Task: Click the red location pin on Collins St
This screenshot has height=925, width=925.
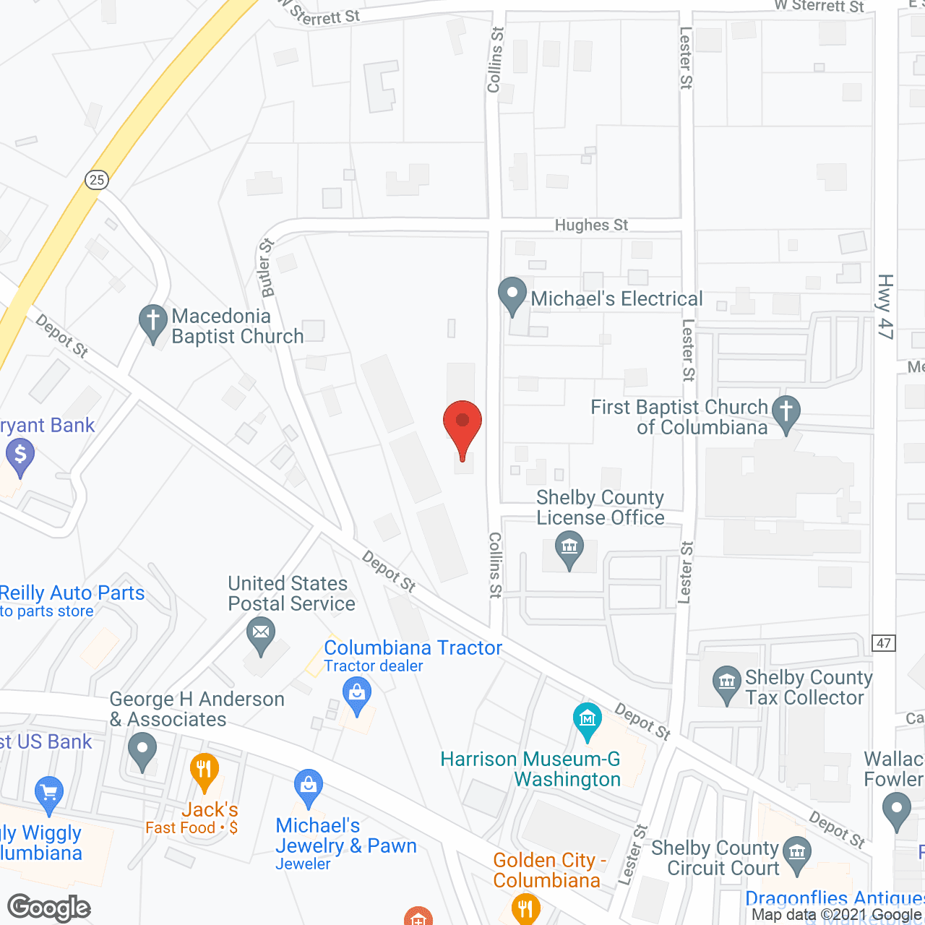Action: pyautogui.click(x=462, y=423)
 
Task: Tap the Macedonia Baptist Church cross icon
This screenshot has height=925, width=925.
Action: pyautogui.click(x=153, y=322)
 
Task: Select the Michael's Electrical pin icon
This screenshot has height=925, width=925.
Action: pyautogui.click(x=512, y=295)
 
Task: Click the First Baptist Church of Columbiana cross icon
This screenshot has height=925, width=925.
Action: pyautogui.click(x=786, y=413)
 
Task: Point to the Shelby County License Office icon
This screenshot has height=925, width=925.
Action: pyautogui.click(x=569, y=548)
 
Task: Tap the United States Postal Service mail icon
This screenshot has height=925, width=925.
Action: pyautogui.click(x=261, y=634)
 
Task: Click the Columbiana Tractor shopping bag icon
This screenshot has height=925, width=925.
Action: pyautogui.click(x=356, y=693)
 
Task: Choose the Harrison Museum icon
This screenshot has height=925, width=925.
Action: pyautogui.click(x=588, y=720)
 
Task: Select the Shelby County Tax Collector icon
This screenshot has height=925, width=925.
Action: pyautogui.click(x=727, y=682)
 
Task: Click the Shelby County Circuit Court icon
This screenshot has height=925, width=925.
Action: pyautogui.click(x=797, y=853)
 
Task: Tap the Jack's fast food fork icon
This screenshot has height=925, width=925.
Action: pyautogui.click(x=205, y=770)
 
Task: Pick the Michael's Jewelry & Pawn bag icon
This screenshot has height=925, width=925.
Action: pyautogui.click(x=309, y=786)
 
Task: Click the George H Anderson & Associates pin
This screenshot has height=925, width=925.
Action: pyautogui.click(x=142, y=749)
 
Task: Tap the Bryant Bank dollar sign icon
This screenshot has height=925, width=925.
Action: pyautogui.click(x=20, y=455)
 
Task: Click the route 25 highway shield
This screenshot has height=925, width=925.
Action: pyautogui.click(x=97, y=179)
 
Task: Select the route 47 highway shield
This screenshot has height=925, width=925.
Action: pyautogui.click(x=885, y=642)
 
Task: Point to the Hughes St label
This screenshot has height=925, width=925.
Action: pyautogui.click(x=591, y=225)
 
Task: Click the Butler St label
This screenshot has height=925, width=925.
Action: pyautogui.click(x=267, y=267)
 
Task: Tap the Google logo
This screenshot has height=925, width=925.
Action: pyautogui.click(x=49, y=908)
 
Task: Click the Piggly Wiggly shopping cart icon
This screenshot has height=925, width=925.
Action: pyautogui.click(x=49, y=793)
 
